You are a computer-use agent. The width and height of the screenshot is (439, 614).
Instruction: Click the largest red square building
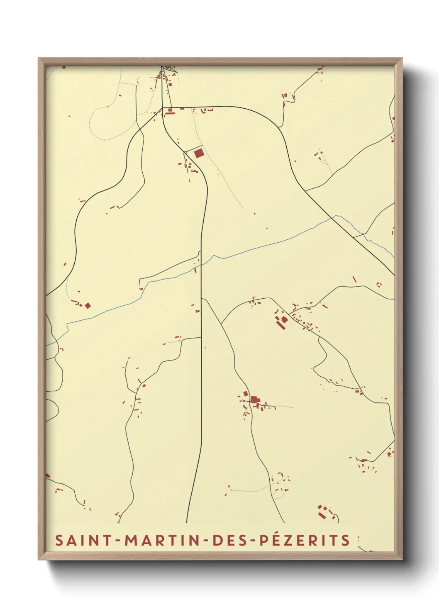[x=199, y=153]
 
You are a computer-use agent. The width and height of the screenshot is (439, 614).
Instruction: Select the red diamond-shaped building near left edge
[x=88, y=306]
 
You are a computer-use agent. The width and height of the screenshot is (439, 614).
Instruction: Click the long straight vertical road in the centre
[x=201, y=373]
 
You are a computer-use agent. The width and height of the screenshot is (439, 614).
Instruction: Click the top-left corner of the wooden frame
[x=39, y=58]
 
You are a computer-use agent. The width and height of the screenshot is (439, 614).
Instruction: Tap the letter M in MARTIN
[x=131, y=540]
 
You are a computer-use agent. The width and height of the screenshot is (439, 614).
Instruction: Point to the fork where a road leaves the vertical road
[x=202, y=298]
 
